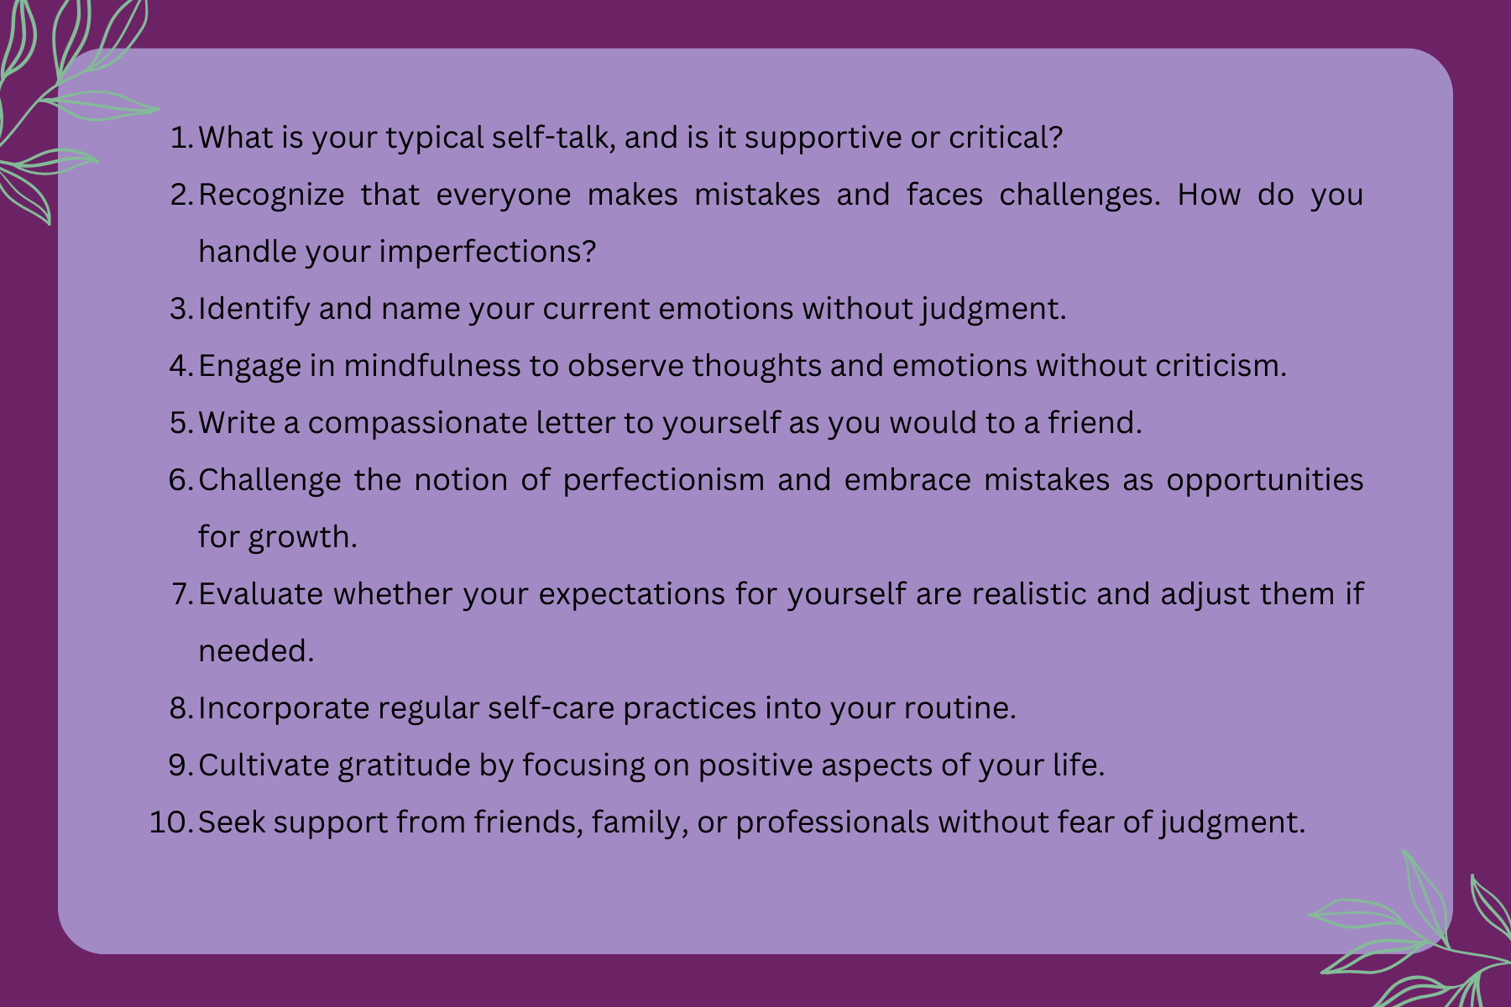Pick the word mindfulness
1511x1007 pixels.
(x=432, y=366)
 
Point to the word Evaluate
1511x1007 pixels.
(x=261, y=594)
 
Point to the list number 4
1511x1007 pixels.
(x=181, y=366)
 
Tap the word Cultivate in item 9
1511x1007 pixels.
(x=264, y=765)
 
